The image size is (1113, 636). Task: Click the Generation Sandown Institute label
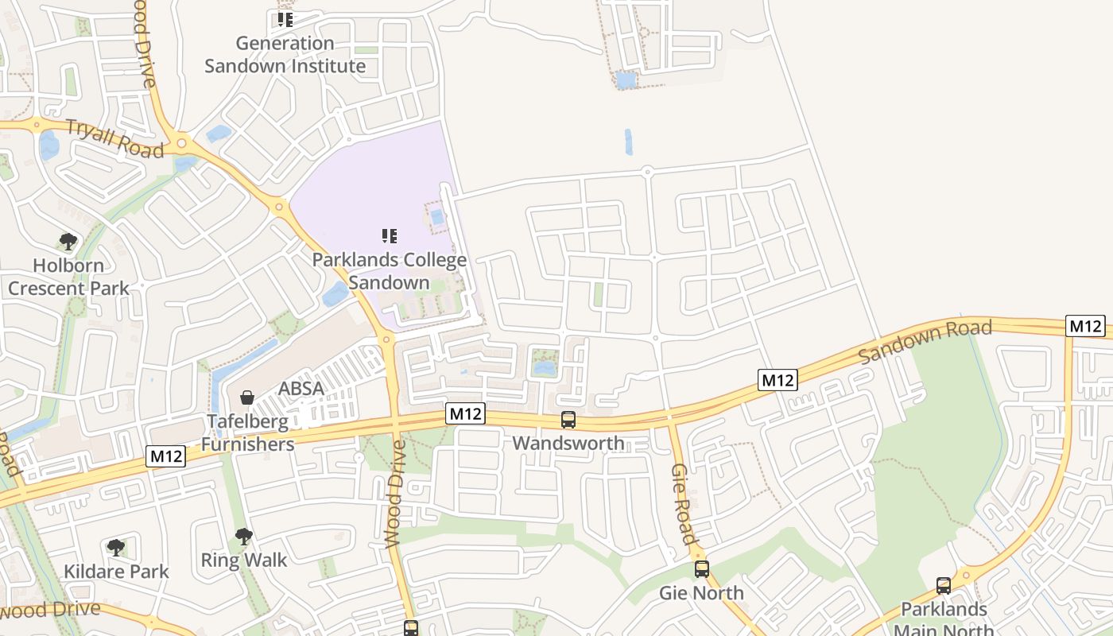click(x=285, y=54)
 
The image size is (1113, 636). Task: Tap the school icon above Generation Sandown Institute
click(x=285, y=20)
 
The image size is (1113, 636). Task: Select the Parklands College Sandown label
click(x=389, y=271)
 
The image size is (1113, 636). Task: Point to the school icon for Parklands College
click(x=389, y=235)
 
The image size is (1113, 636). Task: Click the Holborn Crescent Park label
click(x=68, y=277)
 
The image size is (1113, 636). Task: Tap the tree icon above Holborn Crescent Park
click(x=68, y=241)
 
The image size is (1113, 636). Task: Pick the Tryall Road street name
click(x=114, y=138)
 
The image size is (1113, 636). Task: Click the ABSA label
click(x=301, y=389)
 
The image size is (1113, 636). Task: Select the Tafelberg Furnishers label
click(x=246, y=432)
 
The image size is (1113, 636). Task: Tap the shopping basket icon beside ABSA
click(x=247, y=397)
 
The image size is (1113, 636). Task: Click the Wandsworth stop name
click(x=568, y=443)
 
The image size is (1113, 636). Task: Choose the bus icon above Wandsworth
click(x=568, y=419)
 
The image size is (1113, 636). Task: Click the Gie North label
click(x=701, y=593)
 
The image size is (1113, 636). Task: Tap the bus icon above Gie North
click(x=701, y=569)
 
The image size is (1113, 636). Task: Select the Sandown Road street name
click(x=925, y=341)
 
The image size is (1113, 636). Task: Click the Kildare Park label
click(x=116, y=571)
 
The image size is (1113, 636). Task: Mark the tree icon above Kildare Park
click(x=116, y=547)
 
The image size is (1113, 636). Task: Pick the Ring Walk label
click(x=243, y=560)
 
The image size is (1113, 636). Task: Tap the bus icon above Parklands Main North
click(x=944, y=586)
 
